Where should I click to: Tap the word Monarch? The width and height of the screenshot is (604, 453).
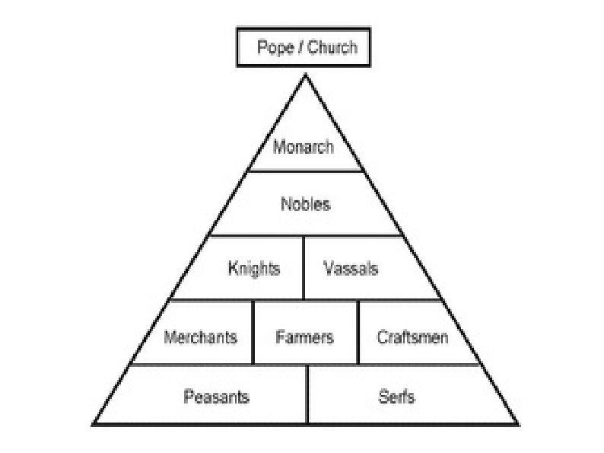pos(304,147)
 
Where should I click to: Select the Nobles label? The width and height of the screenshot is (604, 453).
pos(306,204)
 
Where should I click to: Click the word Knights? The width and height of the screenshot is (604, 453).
pos(254,268)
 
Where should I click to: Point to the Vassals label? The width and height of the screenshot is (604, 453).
pos(351,268)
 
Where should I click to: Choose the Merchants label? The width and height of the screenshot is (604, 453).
pos(201,337)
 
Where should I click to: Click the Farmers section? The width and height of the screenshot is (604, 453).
pos(304,337)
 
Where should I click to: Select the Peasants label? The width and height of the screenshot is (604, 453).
pos(216,397)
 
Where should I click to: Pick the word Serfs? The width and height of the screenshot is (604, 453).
pos(396,397)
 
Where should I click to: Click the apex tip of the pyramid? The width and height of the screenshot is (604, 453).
pos(306,75)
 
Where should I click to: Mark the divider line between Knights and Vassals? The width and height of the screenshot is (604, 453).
pos(304,268)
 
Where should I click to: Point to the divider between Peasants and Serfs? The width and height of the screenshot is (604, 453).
pos(307,394)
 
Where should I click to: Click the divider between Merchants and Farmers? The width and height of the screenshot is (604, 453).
pos(253,333)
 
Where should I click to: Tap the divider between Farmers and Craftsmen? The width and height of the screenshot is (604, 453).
pos(358,333)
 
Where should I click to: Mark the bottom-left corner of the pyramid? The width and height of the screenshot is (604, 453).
pos(93,423)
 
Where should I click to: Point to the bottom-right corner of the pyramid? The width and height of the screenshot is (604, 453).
pos(519,423)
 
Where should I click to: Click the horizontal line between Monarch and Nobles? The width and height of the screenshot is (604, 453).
pos(305,171)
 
